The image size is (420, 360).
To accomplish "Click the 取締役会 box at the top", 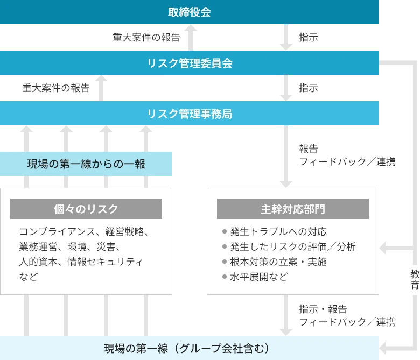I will [x=189, y=12].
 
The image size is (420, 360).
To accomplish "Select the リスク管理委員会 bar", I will [x=189, y=63].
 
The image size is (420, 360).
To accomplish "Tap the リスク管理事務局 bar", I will [x=189, y=114].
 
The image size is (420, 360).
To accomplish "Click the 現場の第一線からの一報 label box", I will [x=86, y=164].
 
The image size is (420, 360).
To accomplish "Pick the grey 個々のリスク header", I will [x=86, y=209].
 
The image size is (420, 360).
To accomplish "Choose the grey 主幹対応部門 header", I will [x=292, y=209].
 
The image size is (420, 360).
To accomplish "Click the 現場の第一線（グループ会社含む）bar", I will [x=189, y=348].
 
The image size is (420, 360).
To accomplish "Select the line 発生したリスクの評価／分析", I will [x=292, y=247].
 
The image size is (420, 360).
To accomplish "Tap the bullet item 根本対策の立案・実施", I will [x=278, y=262].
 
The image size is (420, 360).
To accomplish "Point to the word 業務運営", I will [x=37, y=247].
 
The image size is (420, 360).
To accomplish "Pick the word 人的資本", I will [x=37, y=262].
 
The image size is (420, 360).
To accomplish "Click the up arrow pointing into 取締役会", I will [x=189, y=32].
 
